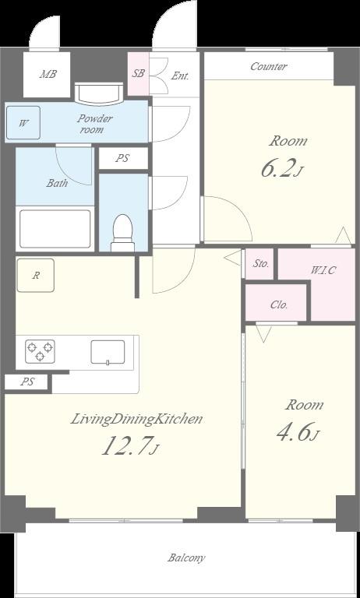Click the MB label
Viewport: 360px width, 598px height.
[48, 74]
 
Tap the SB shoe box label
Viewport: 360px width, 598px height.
[138, 73]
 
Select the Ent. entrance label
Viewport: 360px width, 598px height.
[180, 76]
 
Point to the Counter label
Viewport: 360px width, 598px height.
[268, 66]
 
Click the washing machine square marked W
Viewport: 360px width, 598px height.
[23, 123]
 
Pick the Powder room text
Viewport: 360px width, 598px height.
[95, 124]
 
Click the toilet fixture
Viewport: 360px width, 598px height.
[122, 233]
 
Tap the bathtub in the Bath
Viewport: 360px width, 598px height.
[55, 229]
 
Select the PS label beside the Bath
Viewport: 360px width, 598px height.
[122, 158]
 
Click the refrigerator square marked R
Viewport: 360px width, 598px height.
[36, 276]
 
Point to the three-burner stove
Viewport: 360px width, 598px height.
[40, 351]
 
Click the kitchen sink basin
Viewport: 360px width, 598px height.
[108, 352]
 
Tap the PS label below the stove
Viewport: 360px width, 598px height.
[27, 382]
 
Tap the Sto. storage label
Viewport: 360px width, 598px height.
[262, 263]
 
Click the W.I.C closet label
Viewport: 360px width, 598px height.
[323, 270]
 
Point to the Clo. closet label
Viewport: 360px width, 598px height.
[279, 304]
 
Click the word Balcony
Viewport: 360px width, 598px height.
[187, 558]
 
